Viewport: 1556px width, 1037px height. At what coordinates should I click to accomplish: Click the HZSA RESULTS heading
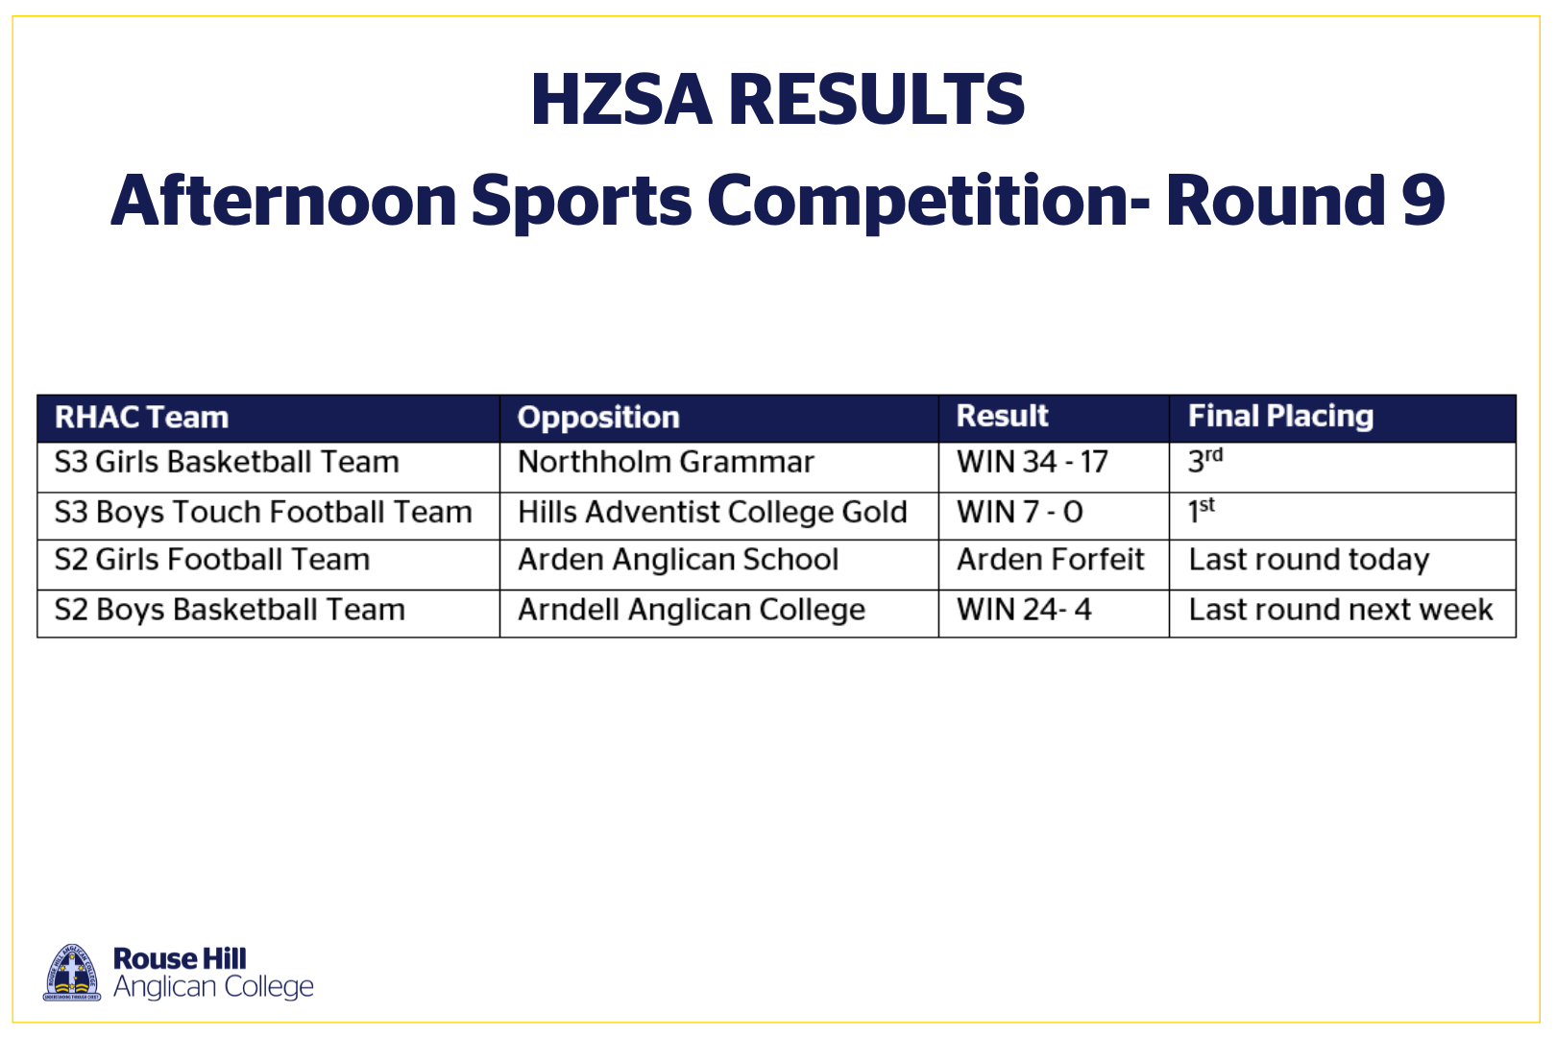pos(778,99)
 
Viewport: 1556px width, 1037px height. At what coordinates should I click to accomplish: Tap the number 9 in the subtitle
pos(1422,200)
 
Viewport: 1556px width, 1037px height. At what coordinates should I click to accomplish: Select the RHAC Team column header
pos(142,418)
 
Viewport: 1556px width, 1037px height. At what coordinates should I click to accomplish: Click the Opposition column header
pos(598,418)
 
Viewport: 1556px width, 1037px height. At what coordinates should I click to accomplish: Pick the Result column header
pos(1002,416)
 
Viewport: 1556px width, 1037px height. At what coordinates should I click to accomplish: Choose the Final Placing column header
pos(1281,417)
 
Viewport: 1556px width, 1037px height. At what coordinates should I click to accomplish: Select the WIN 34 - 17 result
pos(1033,463)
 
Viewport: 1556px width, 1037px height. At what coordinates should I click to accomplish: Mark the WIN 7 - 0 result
pos(1020,513)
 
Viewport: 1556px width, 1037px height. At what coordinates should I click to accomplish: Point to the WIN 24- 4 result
pos(1024,610)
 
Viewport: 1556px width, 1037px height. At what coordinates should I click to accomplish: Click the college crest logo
pos(72,973)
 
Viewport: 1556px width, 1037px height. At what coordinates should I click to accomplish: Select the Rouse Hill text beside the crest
pos(180,959)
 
